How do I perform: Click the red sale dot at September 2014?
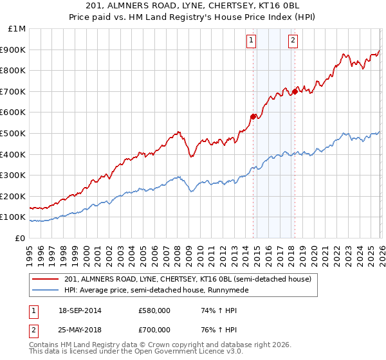coord(253,116)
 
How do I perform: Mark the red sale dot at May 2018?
coord(295,91)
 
